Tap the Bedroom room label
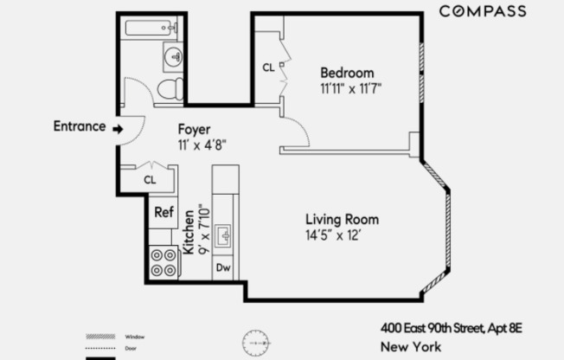point(347,73)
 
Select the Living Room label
point(341,220)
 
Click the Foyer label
point(195,130)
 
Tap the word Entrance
point(79,126)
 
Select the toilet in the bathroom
point(170,89)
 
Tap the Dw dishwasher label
point(222,268)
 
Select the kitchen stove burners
point(163,262)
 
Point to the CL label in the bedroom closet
point(268,67)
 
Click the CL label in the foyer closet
point(150,180)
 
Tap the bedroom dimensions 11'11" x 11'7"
point(350,87)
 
